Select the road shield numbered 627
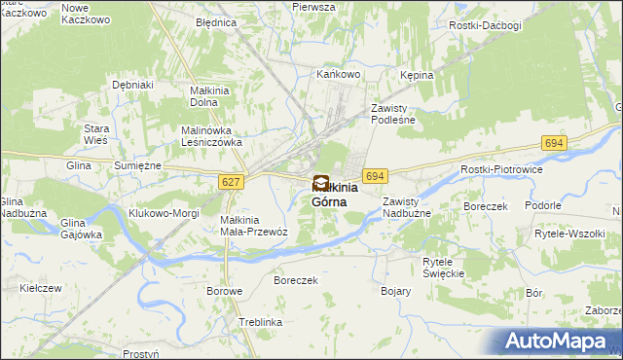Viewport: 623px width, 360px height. pyautogui.click(x=231, y=182)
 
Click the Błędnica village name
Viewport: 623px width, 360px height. pyautogui.click(x=215, y=21)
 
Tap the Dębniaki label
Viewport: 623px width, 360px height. pyautogui.click(x=133, y=85)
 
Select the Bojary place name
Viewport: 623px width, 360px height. pyautogui.click(x=396, y=291)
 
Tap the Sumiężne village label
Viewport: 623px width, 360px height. pyautogui.click(x=137, y=166)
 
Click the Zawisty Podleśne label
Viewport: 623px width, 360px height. pyautogui.click(x=393, y=114)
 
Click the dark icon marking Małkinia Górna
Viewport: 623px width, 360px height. pyautogui.click(x=320, y=182)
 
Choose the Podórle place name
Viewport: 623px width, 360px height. pyautogui.click(x=542, y=205)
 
